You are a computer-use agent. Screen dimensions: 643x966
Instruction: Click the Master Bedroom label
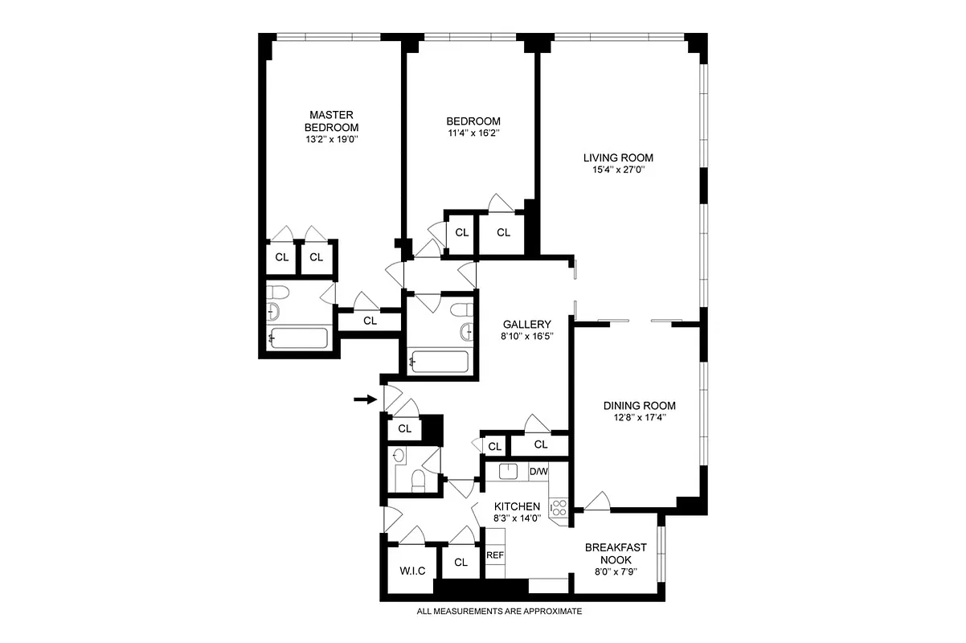coord(331,121)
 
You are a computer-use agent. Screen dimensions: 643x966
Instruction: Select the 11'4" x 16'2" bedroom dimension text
coord(473,133)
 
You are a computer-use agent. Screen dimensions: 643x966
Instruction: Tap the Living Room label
coord(618,158)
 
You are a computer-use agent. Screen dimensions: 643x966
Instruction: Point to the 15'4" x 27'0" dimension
coord(618,170)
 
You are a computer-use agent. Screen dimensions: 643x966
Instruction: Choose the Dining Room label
coord(640,406)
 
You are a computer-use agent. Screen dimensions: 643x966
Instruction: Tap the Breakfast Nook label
coord(616,554)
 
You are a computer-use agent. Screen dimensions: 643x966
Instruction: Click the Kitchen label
coord(517,506)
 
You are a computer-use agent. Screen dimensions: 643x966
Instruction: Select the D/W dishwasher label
coord(538,471)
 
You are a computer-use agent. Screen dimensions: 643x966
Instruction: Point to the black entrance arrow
coord(366,399)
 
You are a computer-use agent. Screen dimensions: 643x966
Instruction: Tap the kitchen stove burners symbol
coord(558,507)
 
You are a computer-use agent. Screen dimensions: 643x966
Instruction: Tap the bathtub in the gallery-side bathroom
coord(440,362)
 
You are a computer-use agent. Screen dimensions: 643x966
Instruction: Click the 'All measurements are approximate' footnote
coord(498,612)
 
